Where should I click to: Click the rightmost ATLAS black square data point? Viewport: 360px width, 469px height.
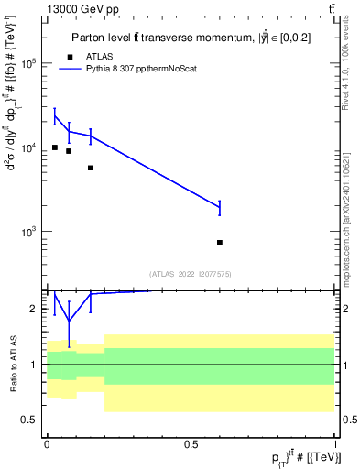220,243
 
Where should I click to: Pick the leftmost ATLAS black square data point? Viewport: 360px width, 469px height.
55,147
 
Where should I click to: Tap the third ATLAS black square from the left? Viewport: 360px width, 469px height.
90,168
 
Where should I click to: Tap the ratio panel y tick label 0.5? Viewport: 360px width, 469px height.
30,420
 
